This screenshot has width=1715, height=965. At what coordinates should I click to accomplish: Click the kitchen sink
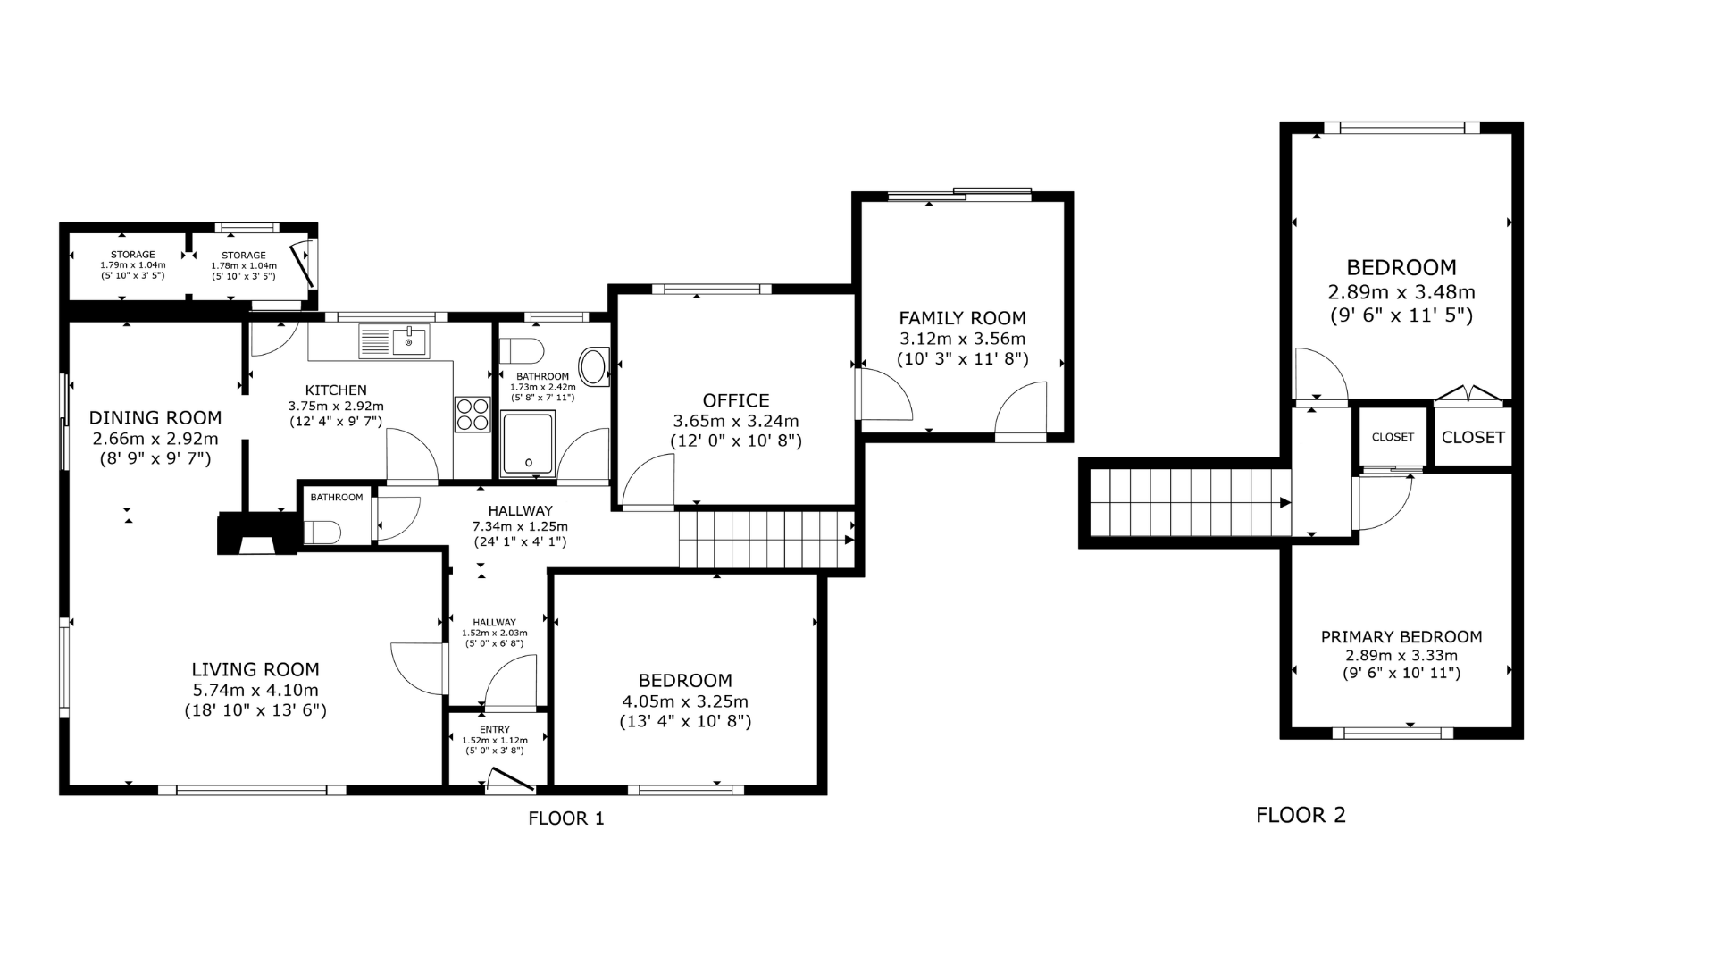[x=394, y=340]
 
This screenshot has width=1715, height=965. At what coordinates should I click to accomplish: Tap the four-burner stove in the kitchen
[x=473, y=414]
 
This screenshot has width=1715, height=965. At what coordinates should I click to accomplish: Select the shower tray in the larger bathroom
[x=528, y=442]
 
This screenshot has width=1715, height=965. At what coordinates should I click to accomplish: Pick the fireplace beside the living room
[x=257, y=533]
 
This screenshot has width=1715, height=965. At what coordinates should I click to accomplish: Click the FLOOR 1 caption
[x=566, y=818]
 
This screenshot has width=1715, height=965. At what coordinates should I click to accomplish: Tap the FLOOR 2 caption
[x=1301, y=815]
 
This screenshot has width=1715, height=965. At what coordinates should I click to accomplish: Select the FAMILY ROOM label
[x=962, y=318]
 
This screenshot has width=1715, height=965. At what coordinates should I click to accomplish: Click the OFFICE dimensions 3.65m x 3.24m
[x=736, y=421]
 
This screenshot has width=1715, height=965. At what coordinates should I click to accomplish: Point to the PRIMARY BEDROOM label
[x=1401, y=637]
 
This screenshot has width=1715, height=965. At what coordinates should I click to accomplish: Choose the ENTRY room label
[x=495, y=730]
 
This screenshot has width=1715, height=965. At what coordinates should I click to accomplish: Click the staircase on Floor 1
[x=766, y=539]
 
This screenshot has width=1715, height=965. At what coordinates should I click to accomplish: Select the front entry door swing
[x=510, y=781]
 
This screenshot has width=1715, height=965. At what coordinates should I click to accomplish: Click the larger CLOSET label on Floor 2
[x=1473, y=437]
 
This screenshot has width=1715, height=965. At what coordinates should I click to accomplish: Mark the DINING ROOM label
[x=155, y=417]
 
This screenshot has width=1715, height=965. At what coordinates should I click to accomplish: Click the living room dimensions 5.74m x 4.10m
[x=255, y=690]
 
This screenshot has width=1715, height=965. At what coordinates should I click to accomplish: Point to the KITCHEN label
[x=336, y=390]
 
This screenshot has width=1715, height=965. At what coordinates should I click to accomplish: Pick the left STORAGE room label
[x=133, y=255]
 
